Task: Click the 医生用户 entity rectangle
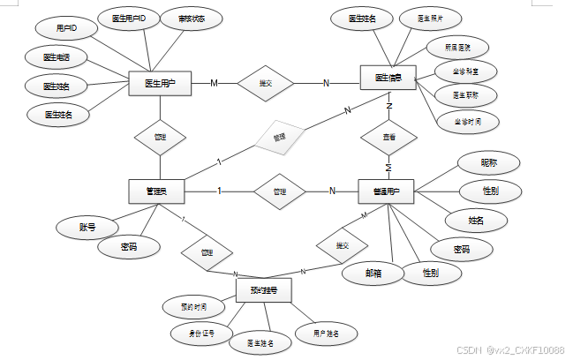(160, 84)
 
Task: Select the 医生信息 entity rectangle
(388, 78)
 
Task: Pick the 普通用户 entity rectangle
(387, 191)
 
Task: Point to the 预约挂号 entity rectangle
(264, 290)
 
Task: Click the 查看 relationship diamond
(388, 139)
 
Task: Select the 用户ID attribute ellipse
(66, 29)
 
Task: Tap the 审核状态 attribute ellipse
(191, 18)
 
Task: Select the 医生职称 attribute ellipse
(467, 94)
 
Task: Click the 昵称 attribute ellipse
(487, 162)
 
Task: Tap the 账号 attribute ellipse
(87, 228)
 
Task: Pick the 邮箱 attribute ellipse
(372, 274)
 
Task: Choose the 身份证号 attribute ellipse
(201, 333)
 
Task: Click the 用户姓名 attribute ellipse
(325, 333)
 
